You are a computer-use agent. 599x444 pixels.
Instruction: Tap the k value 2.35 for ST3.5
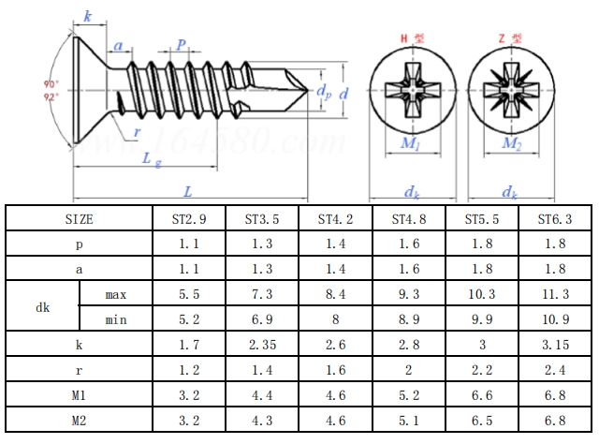tap(262, 345)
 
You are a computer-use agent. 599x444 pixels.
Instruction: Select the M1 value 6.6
tap(481, 395)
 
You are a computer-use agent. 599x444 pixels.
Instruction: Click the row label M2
tap(79, 421)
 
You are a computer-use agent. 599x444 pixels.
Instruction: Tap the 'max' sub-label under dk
tap(115, 294)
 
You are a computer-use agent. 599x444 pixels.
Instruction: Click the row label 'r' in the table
tap(79, 370)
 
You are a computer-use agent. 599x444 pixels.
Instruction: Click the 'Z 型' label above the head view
tap(510, 38)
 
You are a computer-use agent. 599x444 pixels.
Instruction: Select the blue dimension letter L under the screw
tap(188, 190)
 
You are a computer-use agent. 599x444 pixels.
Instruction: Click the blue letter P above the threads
tap(182, 44)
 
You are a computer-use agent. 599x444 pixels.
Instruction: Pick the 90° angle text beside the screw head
tap(50, 85)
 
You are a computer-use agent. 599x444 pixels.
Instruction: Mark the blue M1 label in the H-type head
tap(410, 143)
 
